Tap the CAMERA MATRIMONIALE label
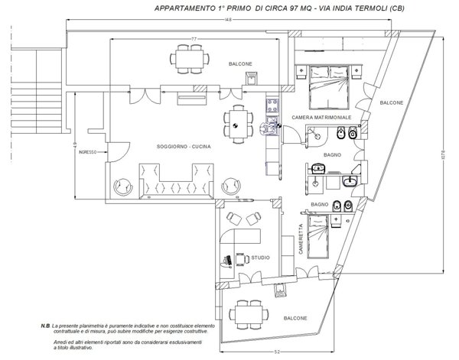pyautogui.click(x=321, y=117)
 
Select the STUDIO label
pyautogui.click(x=258, y=259)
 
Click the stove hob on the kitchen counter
pyautogui.click(x=271, y=106)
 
